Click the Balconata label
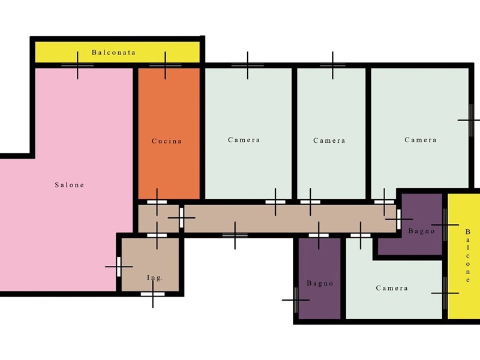(113, 52)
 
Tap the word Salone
(70, 185)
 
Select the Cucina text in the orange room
(167, 141)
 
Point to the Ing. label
(154, 278)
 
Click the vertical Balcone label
(467, 256)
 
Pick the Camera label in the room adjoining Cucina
(244, 140)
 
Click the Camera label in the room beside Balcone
(392, 288)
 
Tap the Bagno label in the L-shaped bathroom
(422, 231)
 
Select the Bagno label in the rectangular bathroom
(320, 283)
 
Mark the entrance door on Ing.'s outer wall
(153, 294)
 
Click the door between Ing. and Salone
(119, 266)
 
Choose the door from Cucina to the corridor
(157, 202)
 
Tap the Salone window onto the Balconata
(77, 65)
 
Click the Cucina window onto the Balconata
(166, 65)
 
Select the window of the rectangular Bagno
(296, 300)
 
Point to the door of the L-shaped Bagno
(398, 219)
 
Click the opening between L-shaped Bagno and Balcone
(445, 225)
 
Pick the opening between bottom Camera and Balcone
(445, 293)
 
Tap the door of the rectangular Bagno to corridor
(319, 235)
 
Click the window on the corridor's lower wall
(235, 235)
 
